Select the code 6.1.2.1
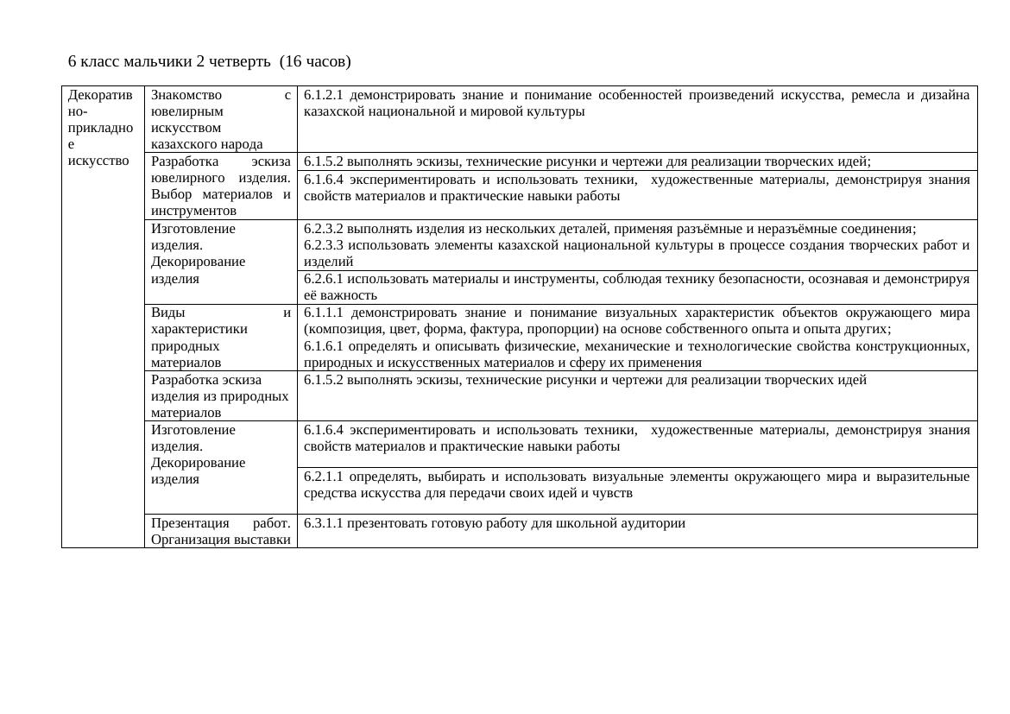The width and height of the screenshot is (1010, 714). (324, 95)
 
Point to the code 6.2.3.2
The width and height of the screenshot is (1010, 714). (324, 229)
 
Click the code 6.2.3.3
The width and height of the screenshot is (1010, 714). (324, 245)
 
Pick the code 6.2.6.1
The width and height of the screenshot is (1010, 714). (324, 279)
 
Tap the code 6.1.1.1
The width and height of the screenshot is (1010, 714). (324, 313)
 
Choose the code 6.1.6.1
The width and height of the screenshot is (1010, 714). (324, 346)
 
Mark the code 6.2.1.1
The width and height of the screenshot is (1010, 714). (324, 477)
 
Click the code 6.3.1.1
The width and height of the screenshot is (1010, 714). (324, 523)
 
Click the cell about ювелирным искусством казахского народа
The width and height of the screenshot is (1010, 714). (220, 119)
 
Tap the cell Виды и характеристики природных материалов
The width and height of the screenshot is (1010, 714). (220, 338)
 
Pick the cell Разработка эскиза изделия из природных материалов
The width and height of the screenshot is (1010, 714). (220, 396)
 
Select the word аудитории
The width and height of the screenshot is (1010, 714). (654, 523)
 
